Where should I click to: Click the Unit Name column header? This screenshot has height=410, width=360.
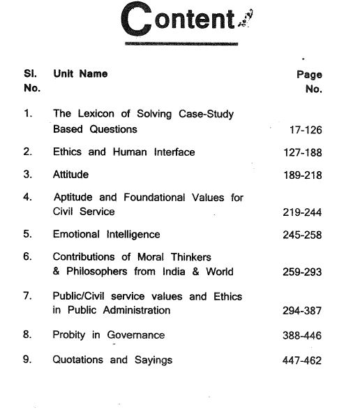80,75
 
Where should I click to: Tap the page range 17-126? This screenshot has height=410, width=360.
305,129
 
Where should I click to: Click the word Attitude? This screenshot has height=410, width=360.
70,175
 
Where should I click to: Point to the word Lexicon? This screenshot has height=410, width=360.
95,114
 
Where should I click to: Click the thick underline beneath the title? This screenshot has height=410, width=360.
181,44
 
